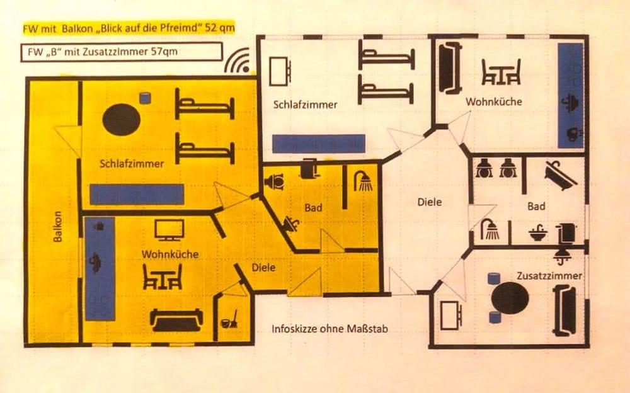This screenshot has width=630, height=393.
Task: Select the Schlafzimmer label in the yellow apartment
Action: tap(132, 164)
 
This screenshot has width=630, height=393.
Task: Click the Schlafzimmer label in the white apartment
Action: tap(306, 105)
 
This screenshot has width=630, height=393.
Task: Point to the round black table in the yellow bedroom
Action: tap(121, 120)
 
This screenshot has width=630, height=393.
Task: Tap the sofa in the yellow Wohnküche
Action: tap(176, 319)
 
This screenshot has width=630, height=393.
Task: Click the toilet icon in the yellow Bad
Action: tap(275, 181)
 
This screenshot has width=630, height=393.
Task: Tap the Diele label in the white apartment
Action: tap(430, 202)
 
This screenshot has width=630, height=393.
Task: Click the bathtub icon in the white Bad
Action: tap(560, 175)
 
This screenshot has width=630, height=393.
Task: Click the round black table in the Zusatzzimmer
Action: tap(510, 297)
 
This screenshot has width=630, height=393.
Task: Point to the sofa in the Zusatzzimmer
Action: tap(564, 310)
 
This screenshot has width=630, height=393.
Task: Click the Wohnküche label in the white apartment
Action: tap(494, 101)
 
